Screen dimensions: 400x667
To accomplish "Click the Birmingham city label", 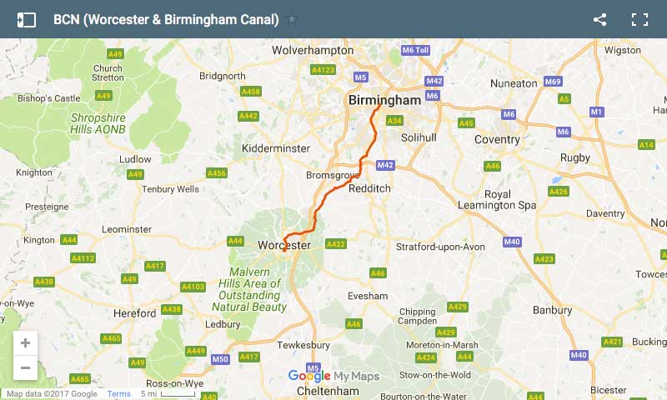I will pyautogui.click(x=384, y=100).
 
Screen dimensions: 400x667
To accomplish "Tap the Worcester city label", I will pyautogui.click(x=284, y=246).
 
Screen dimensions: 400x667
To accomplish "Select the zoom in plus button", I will pyautogui.click(x=25, y=343).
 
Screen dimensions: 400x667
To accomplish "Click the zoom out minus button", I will pyautogui.click(x=25, y=367).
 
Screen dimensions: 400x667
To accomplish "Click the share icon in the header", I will pyautogui.click(x=599, y=20).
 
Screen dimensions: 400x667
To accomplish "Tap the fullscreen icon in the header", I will pyautogui.click(x=639, y=20).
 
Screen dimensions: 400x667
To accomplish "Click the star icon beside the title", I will pyautogui.click(x=292, y=20).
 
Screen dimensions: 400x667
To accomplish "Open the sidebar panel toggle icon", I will pyautogui.click(x=26, y=20).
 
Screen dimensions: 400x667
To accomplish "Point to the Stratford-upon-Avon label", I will pyautogui.click(x=440, y=247).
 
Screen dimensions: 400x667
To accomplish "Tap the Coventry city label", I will pyautogui.click(x=497, y=139).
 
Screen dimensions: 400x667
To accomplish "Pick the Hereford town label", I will pyautogui.click(x=134, y=313).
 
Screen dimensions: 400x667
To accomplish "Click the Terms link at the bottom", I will pyautogui.click(x=118, y=394).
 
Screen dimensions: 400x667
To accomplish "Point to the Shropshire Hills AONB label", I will pyautogui.click(x=98, y=123).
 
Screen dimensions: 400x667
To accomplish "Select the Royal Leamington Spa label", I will pyautogui.click(x=498, y=200).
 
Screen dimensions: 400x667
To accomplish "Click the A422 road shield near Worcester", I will pyautogui.click(x=335, y=244).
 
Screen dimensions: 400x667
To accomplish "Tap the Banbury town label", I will pyautogui.click(x=552, y=310).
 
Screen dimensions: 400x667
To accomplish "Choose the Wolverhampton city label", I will pyautogui.click(x=313, y=50).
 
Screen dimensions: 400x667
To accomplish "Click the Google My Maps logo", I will pyautogui.click(x=333, y=376).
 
